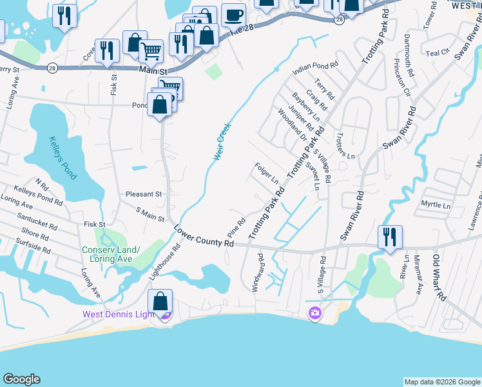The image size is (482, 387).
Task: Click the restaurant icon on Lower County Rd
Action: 390,237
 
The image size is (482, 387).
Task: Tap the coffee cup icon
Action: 233,14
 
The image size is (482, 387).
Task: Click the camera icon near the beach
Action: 315,313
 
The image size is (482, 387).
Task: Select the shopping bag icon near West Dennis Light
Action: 160,302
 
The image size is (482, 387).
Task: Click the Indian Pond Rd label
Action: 315,66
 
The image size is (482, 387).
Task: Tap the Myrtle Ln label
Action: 435,204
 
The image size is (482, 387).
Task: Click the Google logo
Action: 21,379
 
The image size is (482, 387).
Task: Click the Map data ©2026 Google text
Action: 441,382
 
